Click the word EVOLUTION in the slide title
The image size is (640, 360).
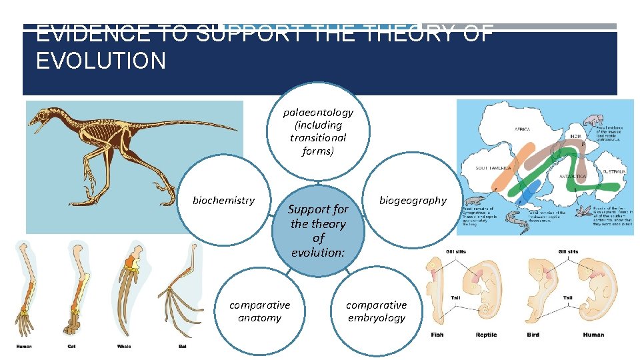[101, 61]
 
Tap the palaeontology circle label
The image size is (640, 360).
[318, 131]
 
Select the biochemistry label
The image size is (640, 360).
[223, 200]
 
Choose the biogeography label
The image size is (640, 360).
[413, 200]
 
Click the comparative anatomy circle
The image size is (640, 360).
[259, 311]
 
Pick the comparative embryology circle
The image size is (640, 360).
[376, 311]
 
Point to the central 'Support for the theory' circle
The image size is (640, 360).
[318, 231]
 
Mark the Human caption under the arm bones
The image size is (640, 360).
[23, 346]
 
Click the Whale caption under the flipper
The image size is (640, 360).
[124, 346]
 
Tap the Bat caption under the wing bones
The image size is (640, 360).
[182, 346]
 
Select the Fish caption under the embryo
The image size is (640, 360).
[437, 335]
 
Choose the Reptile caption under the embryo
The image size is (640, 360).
[485, 335]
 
